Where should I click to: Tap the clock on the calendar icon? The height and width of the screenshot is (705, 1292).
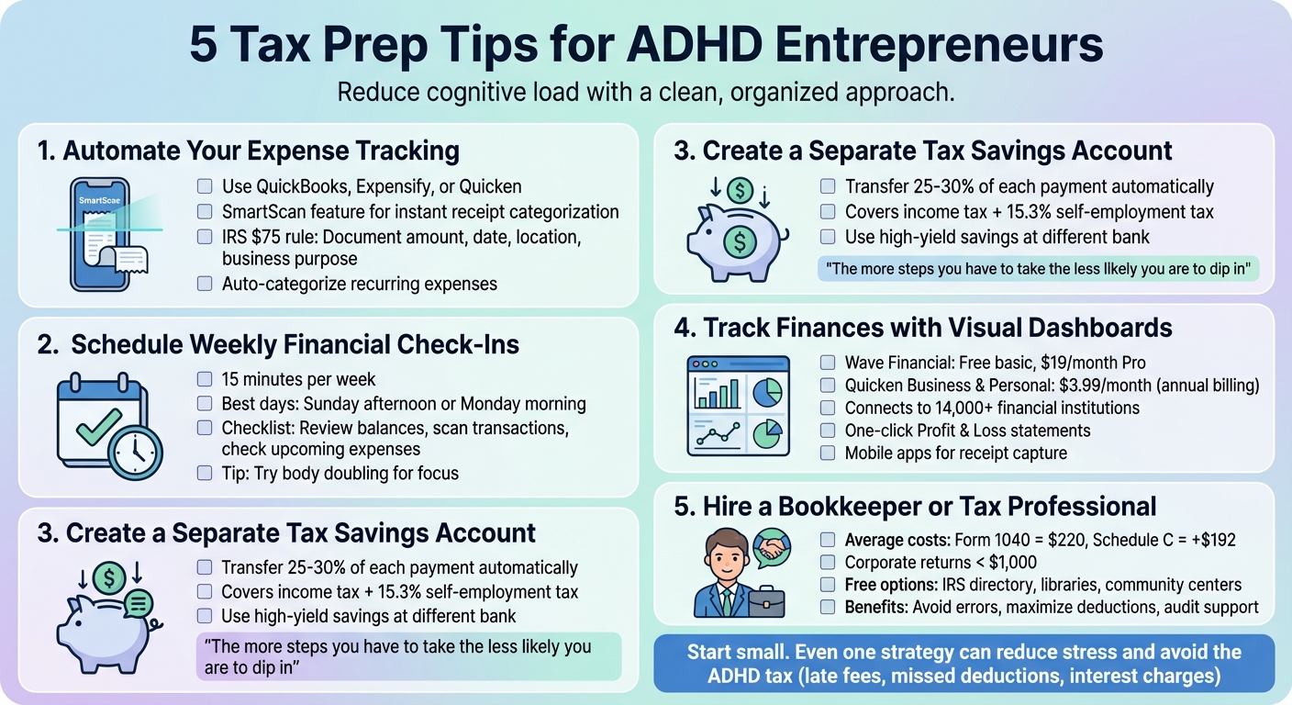pyautogui.click(x=135, y=451)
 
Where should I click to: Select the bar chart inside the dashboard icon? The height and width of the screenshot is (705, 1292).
pyautogui.click(x=718, y=391)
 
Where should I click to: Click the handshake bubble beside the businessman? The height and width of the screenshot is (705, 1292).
pyautogui.click(x=773, y=548)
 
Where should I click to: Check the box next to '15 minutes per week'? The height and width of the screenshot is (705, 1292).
pyautogui.click(x=205, y=379)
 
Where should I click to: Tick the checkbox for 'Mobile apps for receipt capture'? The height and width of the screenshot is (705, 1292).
pyautogui.click(x=828, y=453)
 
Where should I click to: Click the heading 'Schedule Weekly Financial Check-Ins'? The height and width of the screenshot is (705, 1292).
pyautogui.click(x=295, y=344)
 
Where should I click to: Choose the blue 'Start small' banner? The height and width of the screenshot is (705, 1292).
pyautogui.click(x=963, y=664)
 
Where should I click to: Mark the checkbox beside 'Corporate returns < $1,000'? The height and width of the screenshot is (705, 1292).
pyautogui.click(x=828, y=562)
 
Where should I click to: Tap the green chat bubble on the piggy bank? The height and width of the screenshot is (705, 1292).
pyautogui.click(x=138, y=603)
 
